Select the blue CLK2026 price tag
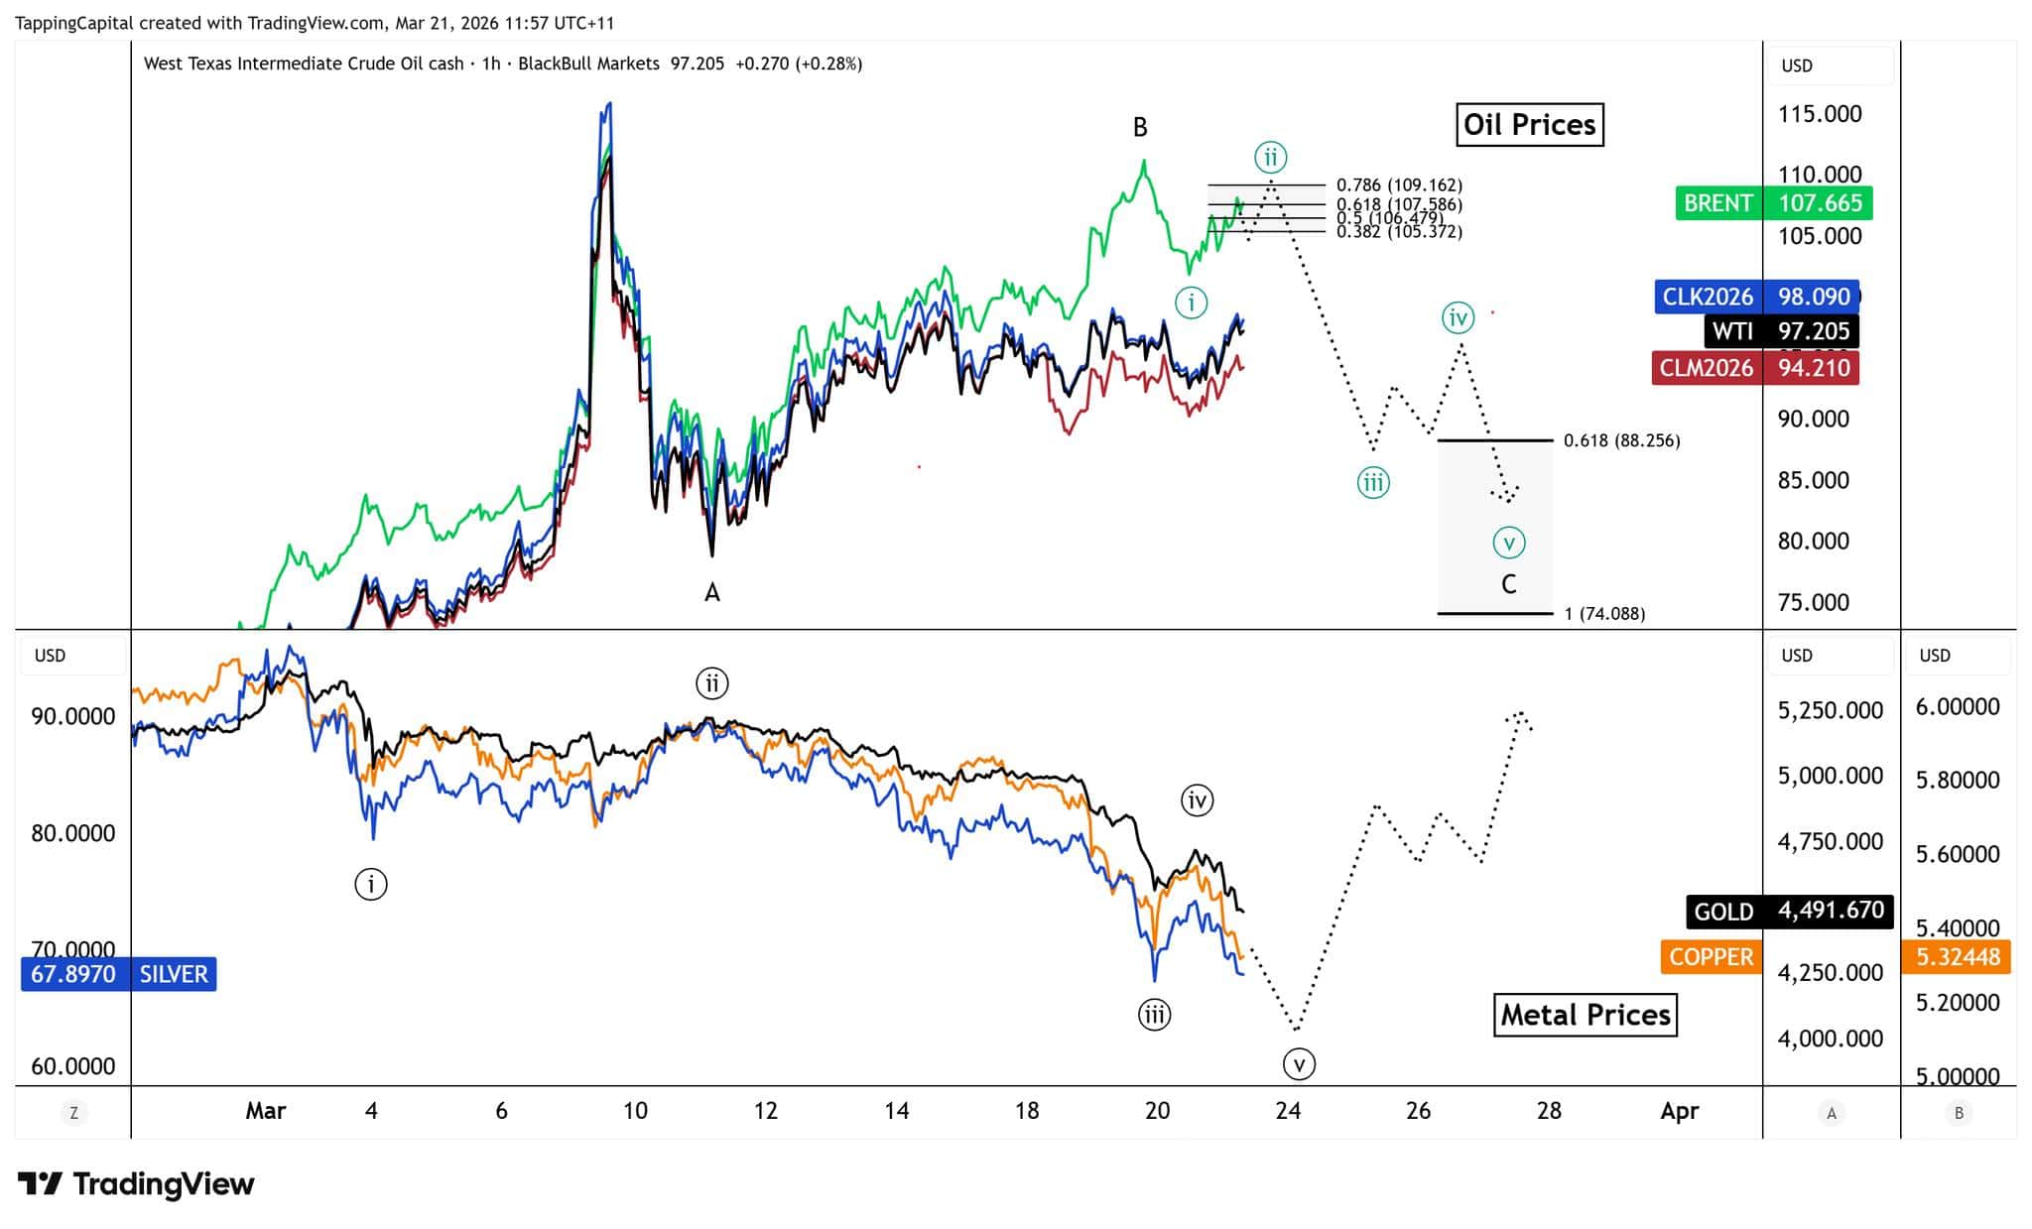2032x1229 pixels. (1757, 297)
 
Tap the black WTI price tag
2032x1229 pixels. (1781, 331)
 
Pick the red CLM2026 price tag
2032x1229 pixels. (1754, 368)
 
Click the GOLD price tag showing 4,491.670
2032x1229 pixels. (1789, 912)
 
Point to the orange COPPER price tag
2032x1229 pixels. (1711, 957)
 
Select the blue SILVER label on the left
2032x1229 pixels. (118, 974)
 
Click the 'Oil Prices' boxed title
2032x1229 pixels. (1529, 125)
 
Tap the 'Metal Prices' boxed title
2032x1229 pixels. (1585, 1016)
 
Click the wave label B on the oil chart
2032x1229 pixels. (1140, 128)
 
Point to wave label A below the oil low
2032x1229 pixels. (712, 593)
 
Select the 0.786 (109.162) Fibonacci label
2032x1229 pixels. (1399, 185)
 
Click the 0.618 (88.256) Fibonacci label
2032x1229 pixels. (1621, 440)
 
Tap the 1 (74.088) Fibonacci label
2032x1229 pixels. (1604, 614)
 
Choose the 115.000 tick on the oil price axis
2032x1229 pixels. (1820, 114)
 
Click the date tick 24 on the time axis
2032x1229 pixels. (1288, 1111)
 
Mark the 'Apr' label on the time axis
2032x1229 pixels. (1679, 1111)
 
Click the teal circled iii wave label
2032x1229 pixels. (1373, 483)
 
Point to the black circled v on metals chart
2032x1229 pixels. (1299, 1064)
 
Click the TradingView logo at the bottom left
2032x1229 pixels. (136, 1184)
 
